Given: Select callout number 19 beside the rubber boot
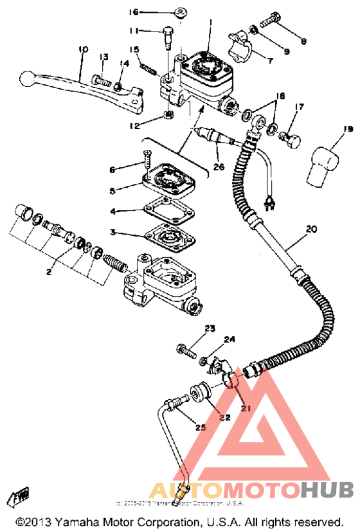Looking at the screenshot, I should pos(330,130).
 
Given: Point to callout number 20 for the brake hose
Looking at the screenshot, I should pos(311,228).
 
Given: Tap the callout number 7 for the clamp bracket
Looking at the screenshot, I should pos(269,62).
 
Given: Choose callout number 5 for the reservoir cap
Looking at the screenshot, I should pos(112,190).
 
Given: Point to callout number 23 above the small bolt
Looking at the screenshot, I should pos(210,328).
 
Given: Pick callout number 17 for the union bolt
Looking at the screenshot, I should pos(299,107).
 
